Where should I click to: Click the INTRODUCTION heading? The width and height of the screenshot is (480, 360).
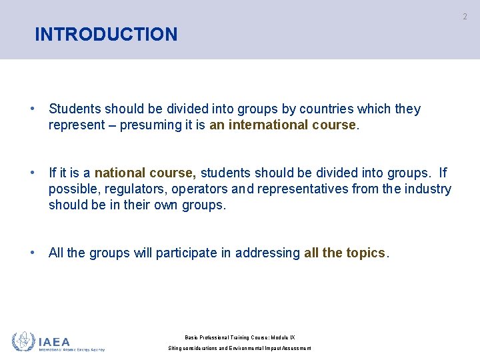tap(106, 34)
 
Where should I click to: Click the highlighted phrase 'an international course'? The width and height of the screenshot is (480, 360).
tap(283, 125)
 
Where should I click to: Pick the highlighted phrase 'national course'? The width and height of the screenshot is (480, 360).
tap(145, 173)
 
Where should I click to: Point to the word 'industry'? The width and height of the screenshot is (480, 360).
tap(427, 189)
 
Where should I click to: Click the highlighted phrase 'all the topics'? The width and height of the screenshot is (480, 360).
tap(345, 253)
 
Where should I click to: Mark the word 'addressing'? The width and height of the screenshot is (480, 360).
tap(267, 253)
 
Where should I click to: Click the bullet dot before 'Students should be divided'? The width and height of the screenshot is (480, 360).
tap(32, 109)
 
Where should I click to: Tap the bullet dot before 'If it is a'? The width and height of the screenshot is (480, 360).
tap(32, 173)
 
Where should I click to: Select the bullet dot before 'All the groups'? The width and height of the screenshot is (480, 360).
tap(32, 253)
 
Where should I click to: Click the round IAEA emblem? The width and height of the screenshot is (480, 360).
tap(23, 341)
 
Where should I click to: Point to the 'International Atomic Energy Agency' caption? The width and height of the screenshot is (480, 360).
tap(72, 349)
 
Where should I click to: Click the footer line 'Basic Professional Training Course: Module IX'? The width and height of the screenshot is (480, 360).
tap(240, 337)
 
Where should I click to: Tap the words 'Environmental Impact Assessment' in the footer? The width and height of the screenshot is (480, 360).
tap(269, 349)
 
